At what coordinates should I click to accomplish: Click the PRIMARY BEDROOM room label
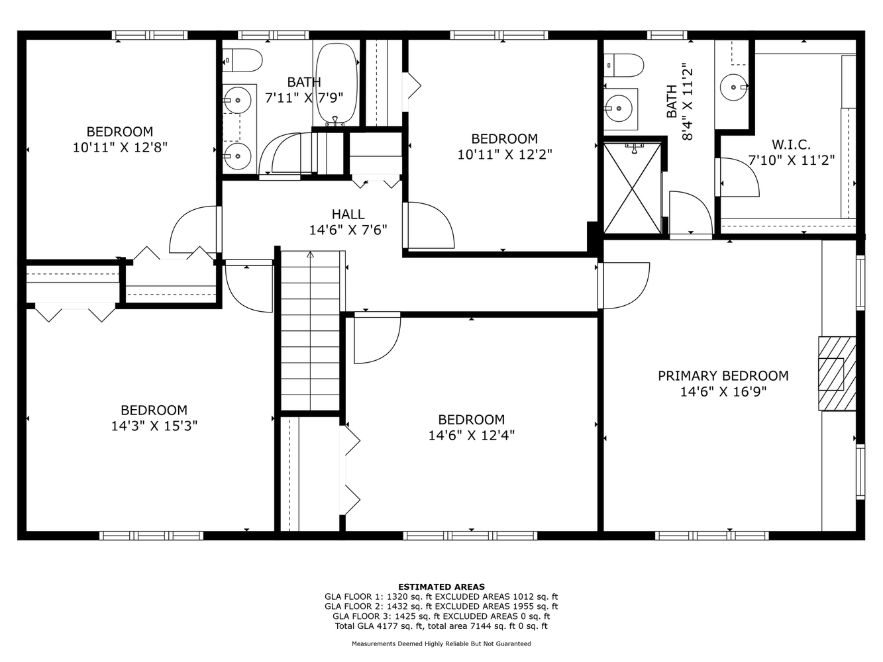pyautogui.click(x=723, y=376)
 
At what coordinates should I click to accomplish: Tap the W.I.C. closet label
pyautogui.click(x=791, y=144)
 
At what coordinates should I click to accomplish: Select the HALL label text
pyautogui.click(x=348, y=214)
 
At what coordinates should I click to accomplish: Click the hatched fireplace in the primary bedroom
pyautogui.click(x=837, y=374)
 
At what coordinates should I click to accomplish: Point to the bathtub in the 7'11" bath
pyautogui.click(x=337, y=83)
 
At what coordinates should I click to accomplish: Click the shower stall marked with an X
pyautogui.click(x=633, y=188)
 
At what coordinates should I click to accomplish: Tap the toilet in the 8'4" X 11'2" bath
pyautogui.click(x=625, y=66)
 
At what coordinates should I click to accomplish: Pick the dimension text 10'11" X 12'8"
pyautogui.click(x=120, y=147)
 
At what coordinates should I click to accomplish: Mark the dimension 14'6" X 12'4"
pyautogui.click(x=471, y=435)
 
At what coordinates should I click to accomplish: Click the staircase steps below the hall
pyautogui.click(x=310, y=331)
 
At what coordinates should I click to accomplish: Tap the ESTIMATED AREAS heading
pyautogui.click(x=441, y=587)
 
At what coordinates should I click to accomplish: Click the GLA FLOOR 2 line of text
pyautogui.click(x=441, y=606)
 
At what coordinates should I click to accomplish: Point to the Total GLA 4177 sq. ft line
pyautogui.click(x=441, y=626)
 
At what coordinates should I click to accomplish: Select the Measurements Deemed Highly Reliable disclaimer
pyautogui.click(x=441, y=643)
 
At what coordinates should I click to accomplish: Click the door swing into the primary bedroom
pyautogui.click(x=623, y=285)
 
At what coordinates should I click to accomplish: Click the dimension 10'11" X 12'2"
pyautogui.click(x=505, y=154)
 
